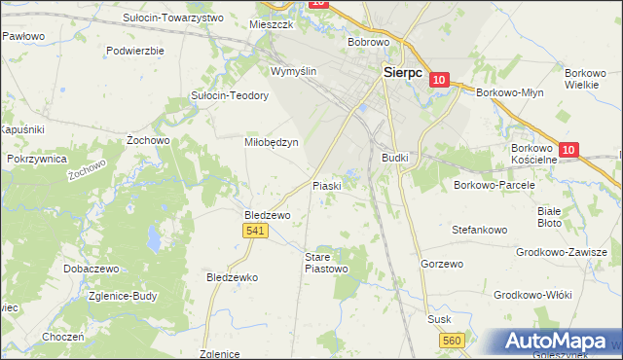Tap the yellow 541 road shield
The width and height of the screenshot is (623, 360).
(255, 230)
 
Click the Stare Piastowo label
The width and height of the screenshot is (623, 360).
(326, 263)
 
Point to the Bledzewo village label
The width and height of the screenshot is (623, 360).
(267, 214)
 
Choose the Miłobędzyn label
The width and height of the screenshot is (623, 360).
(270, 141)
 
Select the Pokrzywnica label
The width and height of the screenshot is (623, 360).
(36, 158)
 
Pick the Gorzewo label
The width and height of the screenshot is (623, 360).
(441, 264)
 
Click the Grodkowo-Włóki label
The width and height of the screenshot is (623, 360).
(531, 294)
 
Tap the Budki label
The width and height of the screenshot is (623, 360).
(394, 157)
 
